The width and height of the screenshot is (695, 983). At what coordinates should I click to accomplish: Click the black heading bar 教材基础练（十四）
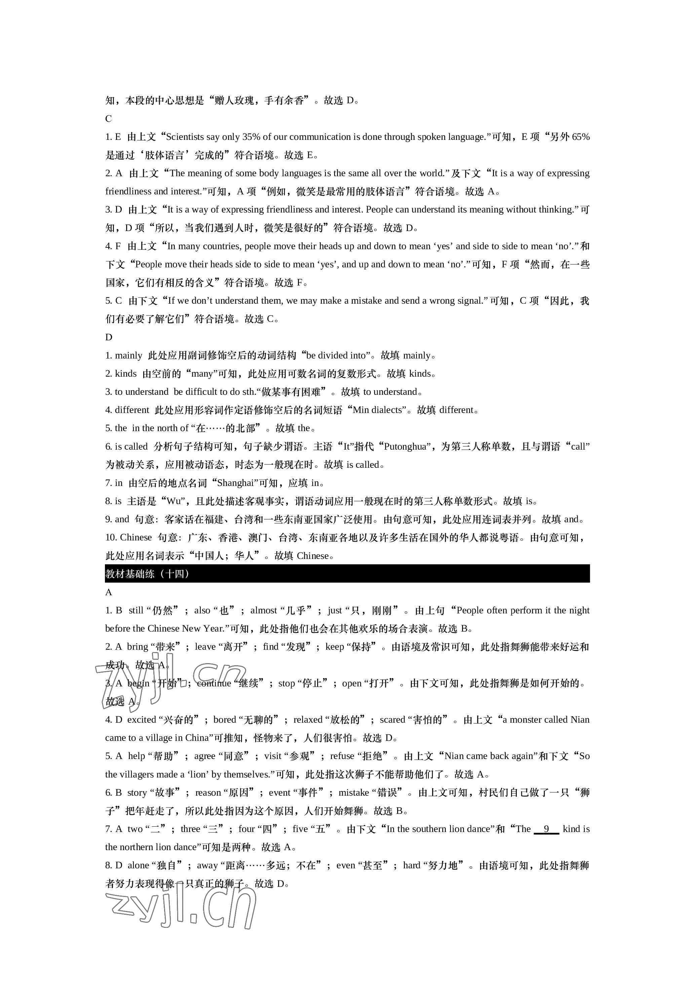pos(347,574)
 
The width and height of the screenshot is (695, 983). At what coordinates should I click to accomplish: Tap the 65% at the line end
pos(581,137)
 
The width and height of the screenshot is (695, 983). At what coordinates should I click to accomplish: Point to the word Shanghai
pos(235,483)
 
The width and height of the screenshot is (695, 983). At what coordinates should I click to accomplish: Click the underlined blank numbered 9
pos(546,829)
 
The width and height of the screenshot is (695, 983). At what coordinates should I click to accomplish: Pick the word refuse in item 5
pos(342,756)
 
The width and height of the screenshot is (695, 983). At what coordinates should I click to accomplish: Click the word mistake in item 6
pos(354,792)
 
